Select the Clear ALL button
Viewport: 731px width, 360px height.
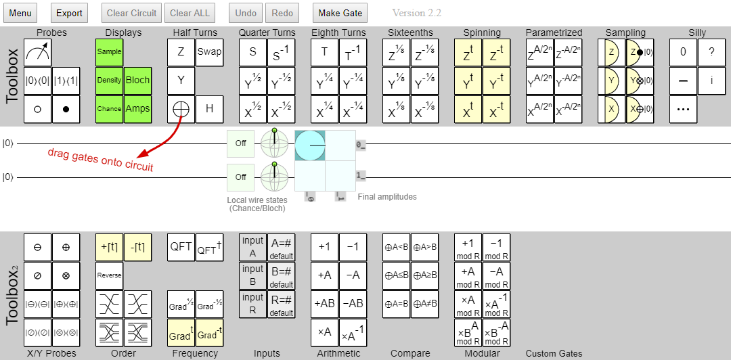point(190,12)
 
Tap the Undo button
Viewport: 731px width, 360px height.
point(246,12)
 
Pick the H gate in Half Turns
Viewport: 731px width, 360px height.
point(209,109)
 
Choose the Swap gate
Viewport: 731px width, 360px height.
point(209,52)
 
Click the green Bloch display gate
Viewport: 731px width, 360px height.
point(137,81)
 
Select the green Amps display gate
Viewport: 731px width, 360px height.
point(137,109)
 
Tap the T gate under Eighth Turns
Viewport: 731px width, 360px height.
point(324,52)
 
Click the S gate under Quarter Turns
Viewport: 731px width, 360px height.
point(252,52)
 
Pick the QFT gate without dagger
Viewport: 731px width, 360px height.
point(181,247)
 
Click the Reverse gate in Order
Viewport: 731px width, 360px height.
point(109,275)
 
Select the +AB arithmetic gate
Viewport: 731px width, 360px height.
point(324,304)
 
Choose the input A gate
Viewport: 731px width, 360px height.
point(252,247)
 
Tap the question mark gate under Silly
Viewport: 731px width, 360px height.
point(711,52)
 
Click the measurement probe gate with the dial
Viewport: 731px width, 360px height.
point(37,52)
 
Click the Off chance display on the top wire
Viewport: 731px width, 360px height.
point(240,143)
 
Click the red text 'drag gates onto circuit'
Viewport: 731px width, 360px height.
point(100,160)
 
